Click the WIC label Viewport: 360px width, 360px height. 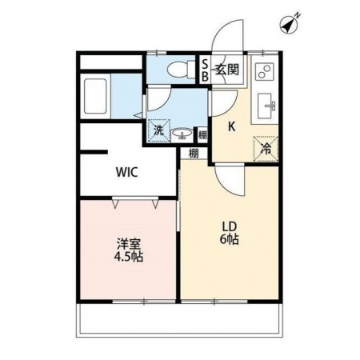coord(127,172)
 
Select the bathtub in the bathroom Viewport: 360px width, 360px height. coord(95,96)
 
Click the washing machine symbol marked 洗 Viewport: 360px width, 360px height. coord(159,130)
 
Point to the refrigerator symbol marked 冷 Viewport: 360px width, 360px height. coord(266,149)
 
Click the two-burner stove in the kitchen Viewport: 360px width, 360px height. coord(265,71)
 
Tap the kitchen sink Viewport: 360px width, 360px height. coord(265,106)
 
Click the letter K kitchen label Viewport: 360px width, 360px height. coord(232,127)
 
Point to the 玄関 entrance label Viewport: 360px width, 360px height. coord(227,70)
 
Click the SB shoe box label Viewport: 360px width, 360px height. coord(205,70)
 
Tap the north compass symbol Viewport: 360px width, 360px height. coord(290,24)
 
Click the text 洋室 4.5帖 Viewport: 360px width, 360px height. coord(129,250)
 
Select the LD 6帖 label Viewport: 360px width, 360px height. coord(230,234)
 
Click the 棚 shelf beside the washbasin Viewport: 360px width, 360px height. coord(202,135)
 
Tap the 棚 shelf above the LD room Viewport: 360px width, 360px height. coord(194,154)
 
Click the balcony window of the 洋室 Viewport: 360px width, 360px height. coord(144,302)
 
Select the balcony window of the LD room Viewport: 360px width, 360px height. coord(214,302)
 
